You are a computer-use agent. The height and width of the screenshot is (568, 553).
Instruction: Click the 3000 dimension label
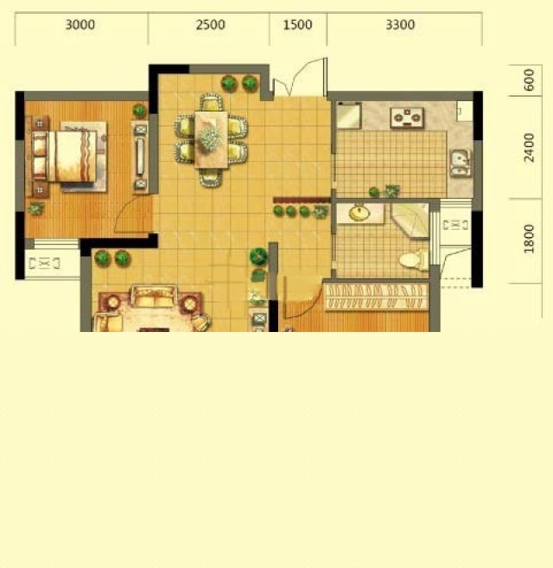click(x=80, y=24)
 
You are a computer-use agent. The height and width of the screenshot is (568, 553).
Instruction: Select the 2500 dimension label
click(x=211, y=24)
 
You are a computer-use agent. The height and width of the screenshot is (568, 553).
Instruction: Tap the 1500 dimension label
click(x=297, y=24)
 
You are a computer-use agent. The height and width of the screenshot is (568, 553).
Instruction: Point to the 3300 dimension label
click(x=400, y=24)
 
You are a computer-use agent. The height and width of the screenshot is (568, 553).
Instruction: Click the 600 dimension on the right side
click(x=529, y=80)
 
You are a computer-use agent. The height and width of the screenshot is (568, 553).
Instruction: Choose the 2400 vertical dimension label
click(x=529, y=148)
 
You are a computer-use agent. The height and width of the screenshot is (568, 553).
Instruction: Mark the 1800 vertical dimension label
click(x=529, y=239)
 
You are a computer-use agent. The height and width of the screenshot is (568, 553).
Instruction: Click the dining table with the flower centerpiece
click(x=211, y=139)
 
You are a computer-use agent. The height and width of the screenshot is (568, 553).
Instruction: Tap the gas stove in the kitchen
click(x=407, y=118)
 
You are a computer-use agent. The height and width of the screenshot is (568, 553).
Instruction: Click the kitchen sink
click(x=460, y=163)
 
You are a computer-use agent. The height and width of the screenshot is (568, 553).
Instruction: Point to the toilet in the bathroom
click(x=413, y=260)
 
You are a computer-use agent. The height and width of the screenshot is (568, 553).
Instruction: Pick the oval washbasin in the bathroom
click(x=359, y=214)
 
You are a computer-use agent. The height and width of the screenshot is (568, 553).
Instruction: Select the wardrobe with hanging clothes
click(x=376, y=297)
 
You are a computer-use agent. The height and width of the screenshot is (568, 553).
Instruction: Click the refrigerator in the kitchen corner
click(x=349, y=115)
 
